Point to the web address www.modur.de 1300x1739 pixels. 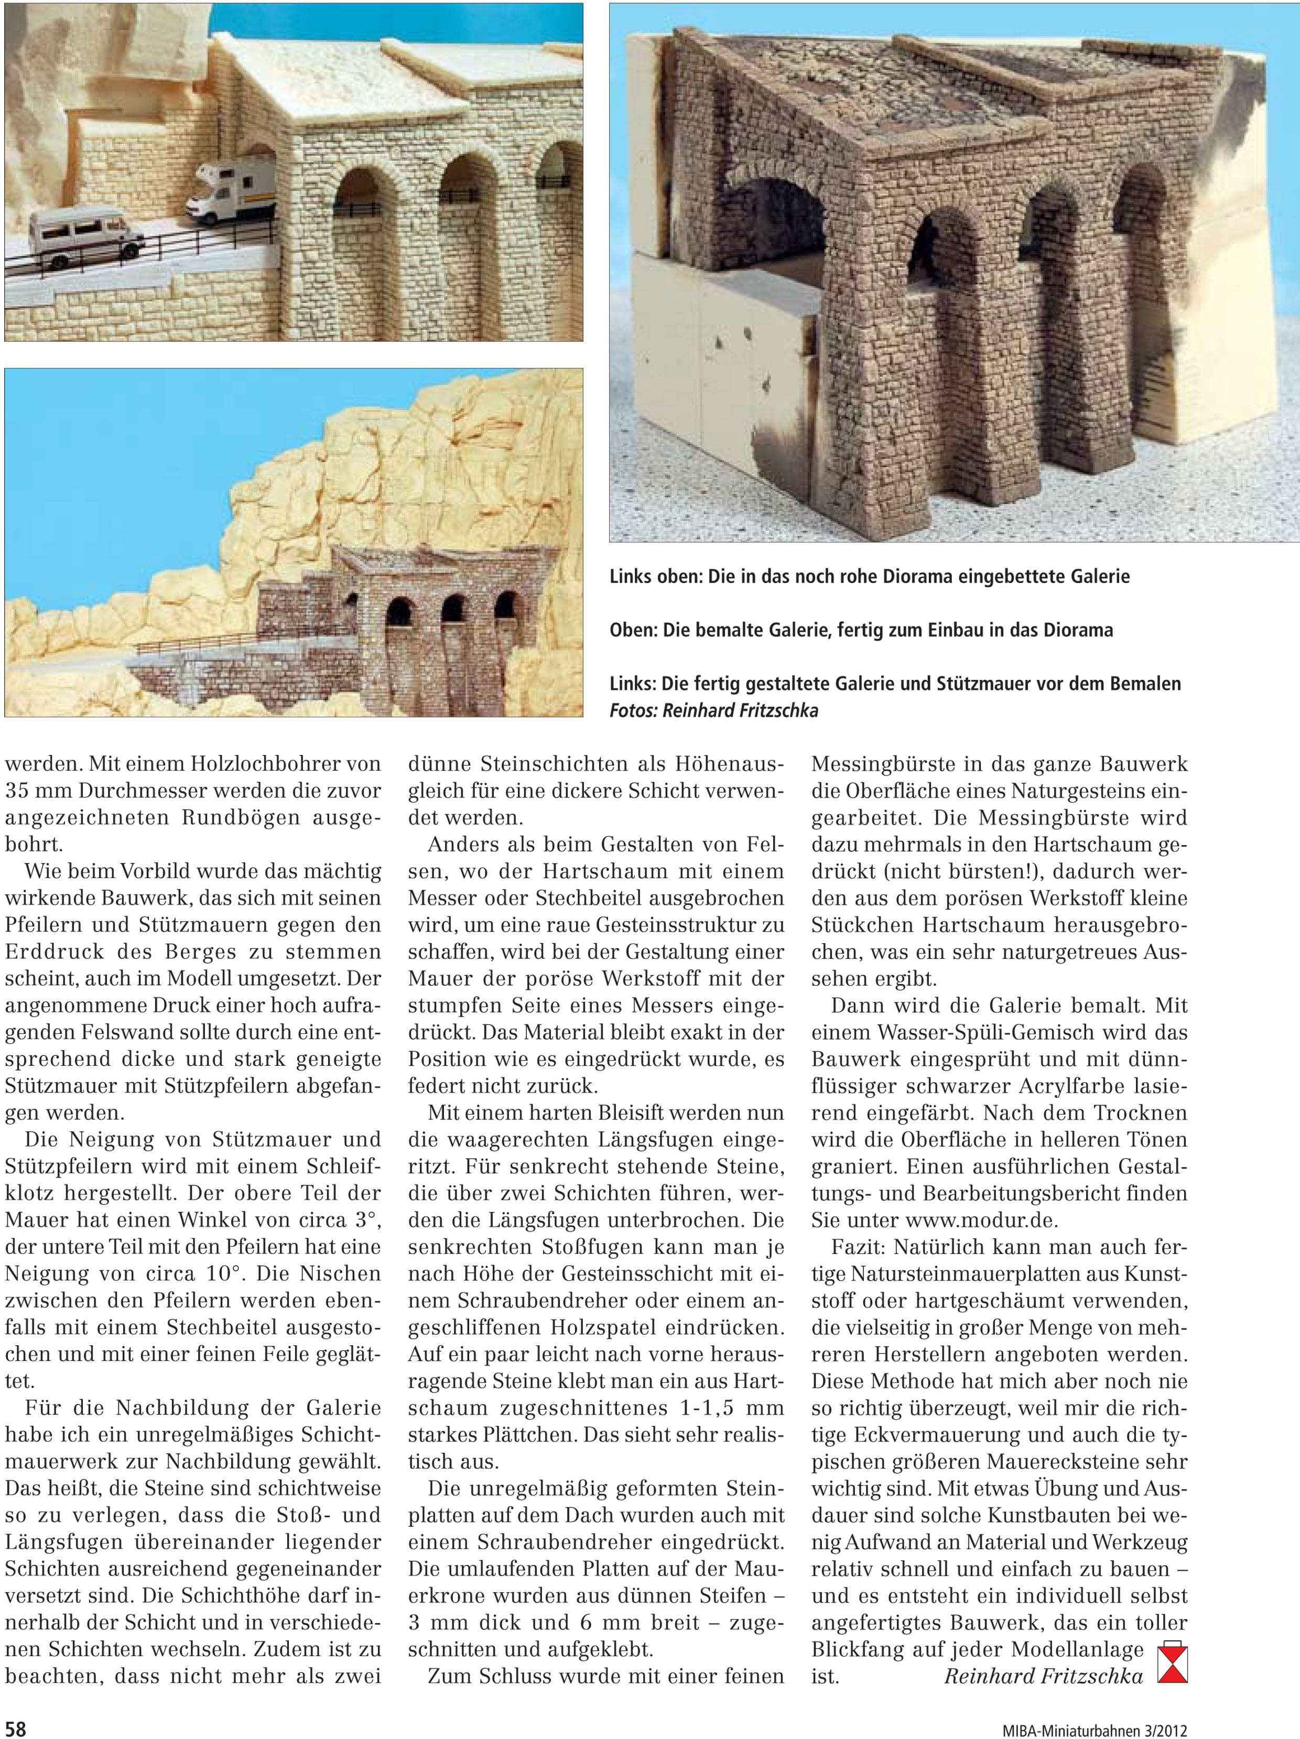pyautogui.click(x=982, y=1220)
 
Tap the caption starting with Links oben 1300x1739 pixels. pyautogui.click(x=869, y=576)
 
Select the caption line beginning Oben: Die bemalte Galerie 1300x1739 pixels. pyautogui.click(x=861, y=630)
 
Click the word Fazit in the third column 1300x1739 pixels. pyautogui.click(x=858, y=1247)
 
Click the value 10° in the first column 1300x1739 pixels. pyautogui.click(x=221, y=1273)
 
